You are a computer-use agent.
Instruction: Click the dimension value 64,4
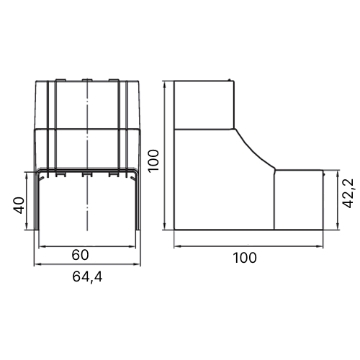click(87, 277)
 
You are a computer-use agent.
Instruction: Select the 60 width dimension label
click(80, 255)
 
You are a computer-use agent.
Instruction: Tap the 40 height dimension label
click(19, 205)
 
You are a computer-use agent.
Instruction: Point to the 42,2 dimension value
click(348, 193)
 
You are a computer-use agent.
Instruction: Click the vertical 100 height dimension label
click(153, 161)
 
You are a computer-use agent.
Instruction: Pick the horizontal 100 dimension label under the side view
click(245, 258)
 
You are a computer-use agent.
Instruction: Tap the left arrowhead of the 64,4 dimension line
click(37, 264)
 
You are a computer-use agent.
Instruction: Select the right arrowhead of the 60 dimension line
click(132, 246)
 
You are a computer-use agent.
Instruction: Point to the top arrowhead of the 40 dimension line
click(27, 175)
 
